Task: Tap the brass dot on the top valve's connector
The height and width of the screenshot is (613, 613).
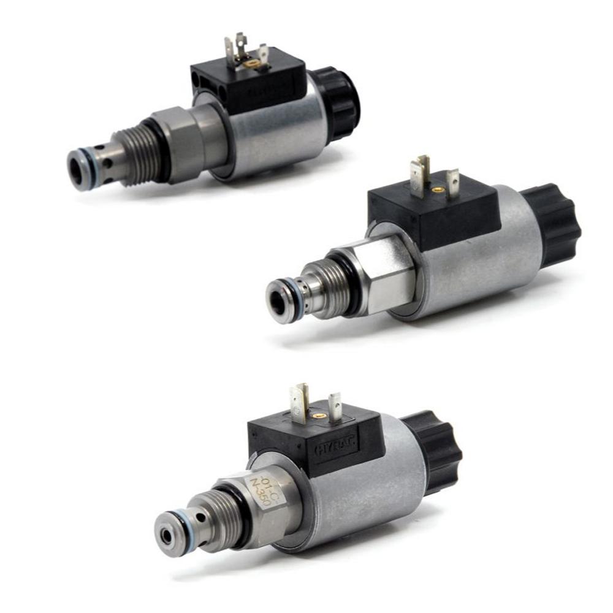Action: [x=251, y=63]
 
